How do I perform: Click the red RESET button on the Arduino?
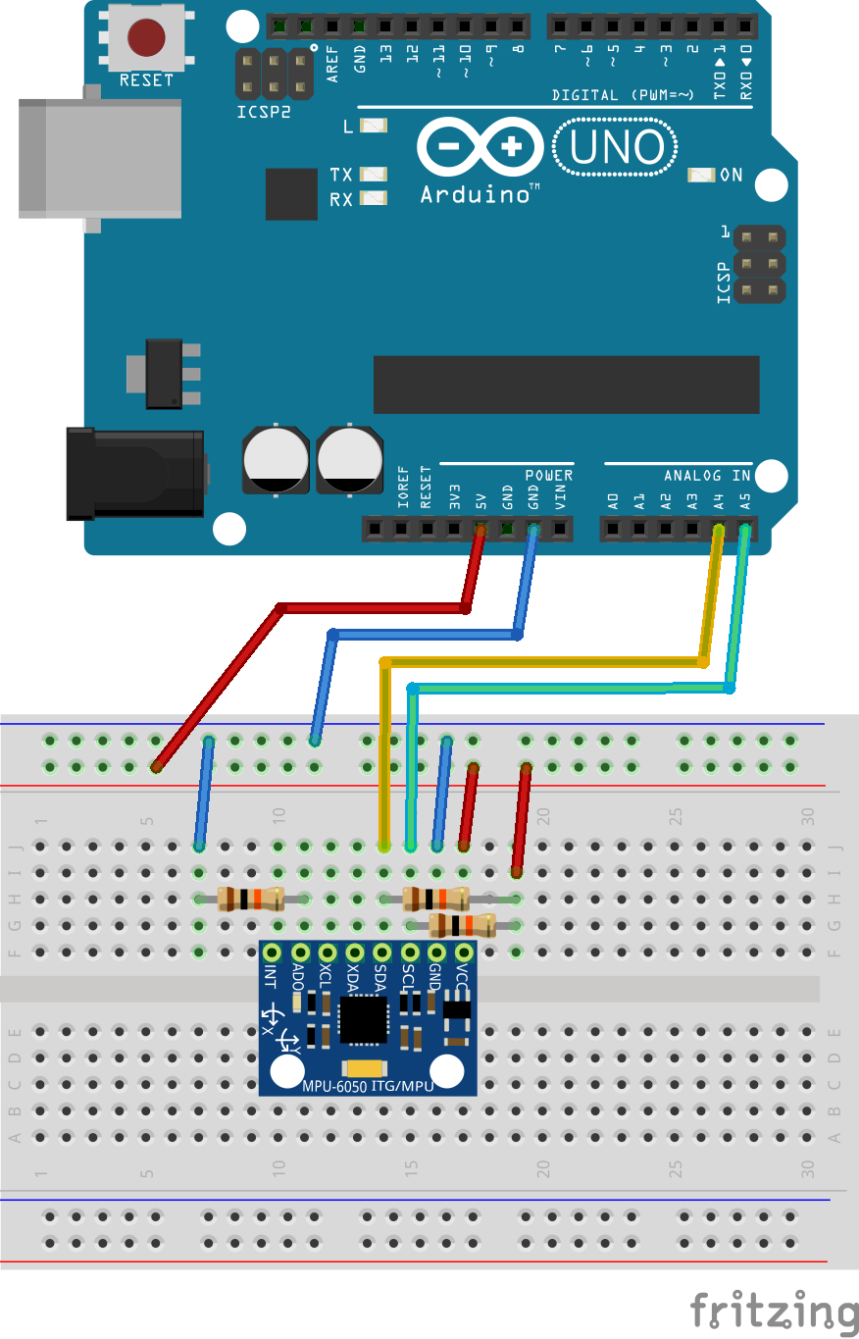click(146, 37)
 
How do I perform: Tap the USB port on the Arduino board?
click(99, 158)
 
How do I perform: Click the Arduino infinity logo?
click(480, 149)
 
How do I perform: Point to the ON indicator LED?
click(702, 176)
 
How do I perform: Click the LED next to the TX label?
click(374, 175)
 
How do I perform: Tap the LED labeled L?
click(374, 127)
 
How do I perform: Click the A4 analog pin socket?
click(719, 530)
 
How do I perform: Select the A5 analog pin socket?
click(745, 530)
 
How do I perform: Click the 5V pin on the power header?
click(480, 530)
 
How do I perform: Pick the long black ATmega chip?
click(566, 386)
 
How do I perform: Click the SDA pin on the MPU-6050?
click(382, 952)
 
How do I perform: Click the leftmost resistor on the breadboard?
click(250, 898)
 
